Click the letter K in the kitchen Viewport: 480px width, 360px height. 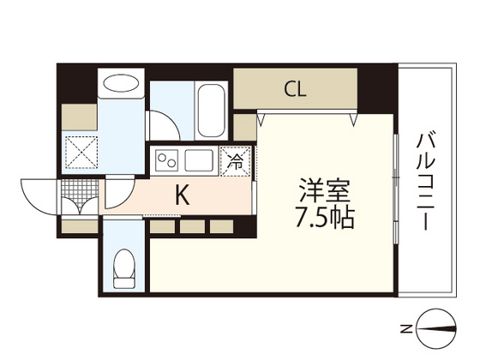(182, 195)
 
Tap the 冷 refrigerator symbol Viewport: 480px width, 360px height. (232, 159)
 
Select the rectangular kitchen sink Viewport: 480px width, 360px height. (201, 159)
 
